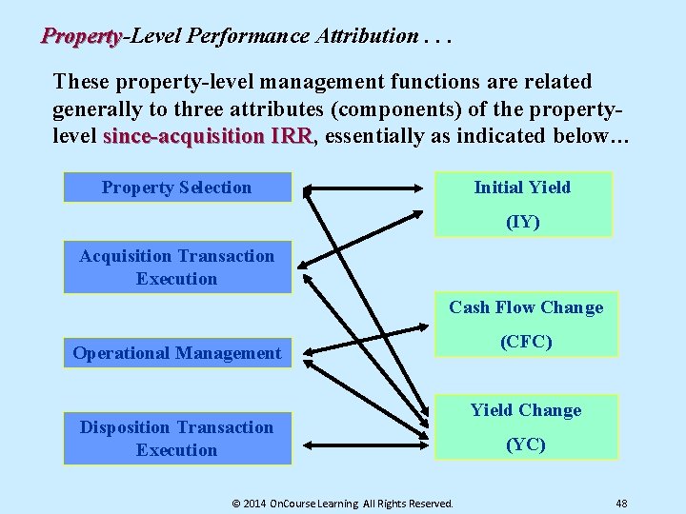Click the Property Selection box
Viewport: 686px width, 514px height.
click(x=177, y=188)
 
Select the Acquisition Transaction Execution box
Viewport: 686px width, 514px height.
click(x=177, y=267)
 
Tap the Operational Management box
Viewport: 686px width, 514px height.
click(x=177, y=353)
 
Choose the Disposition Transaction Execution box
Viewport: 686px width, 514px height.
click(x=177, y=439)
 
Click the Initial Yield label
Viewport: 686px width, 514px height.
click(x=522, y=188)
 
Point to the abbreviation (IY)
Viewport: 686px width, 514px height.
click(x=522, y=222)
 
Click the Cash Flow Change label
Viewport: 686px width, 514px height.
click(x=526, y=307)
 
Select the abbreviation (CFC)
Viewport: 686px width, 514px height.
click(x=526, y=342)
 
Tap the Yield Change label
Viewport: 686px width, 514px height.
click(x=526, y=410)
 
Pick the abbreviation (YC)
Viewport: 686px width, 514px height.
click(x=526, y=445)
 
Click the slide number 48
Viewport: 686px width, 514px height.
click(x=621, y=503)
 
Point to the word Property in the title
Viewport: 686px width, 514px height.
click(x=81, y=36)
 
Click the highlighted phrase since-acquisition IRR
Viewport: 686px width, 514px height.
click(x=207, y=136)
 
